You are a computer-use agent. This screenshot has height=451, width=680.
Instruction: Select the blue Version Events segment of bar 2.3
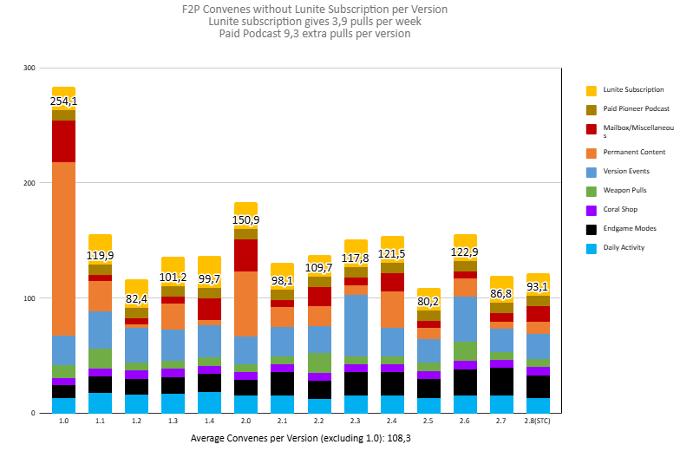(356, 325)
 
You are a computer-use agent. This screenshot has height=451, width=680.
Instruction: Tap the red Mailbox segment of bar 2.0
(245, 255)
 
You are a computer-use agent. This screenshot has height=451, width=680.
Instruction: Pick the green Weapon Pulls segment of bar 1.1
(100, 357)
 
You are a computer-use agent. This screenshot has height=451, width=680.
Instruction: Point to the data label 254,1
(63, 102)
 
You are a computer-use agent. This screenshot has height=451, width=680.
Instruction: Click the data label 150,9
(245, 220)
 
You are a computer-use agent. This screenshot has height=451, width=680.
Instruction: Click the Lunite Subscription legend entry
(633, 89)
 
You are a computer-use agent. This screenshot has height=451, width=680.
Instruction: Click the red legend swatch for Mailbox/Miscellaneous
(592, 129)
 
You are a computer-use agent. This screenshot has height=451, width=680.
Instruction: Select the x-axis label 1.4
(209, 420)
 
